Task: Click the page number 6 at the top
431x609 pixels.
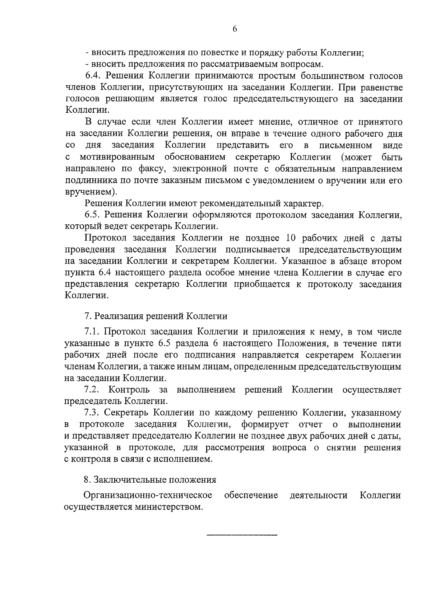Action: (234, 30)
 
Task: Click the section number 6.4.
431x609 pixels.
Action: (93, 76)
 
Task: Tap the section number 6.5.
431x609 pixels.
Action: (93, 215)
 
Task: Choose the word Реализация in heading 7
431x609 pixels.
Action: (117, 316)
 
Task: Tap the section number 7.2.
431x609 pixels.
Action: (92, 390)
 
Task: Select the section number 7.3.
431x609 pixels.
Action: (92, 413)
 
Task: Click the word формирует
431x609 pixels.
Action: (265, 424)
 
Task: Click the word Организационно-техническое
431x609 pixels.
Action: (147, 496)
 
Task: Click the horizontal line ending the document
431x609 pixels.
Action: (242, 535)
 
